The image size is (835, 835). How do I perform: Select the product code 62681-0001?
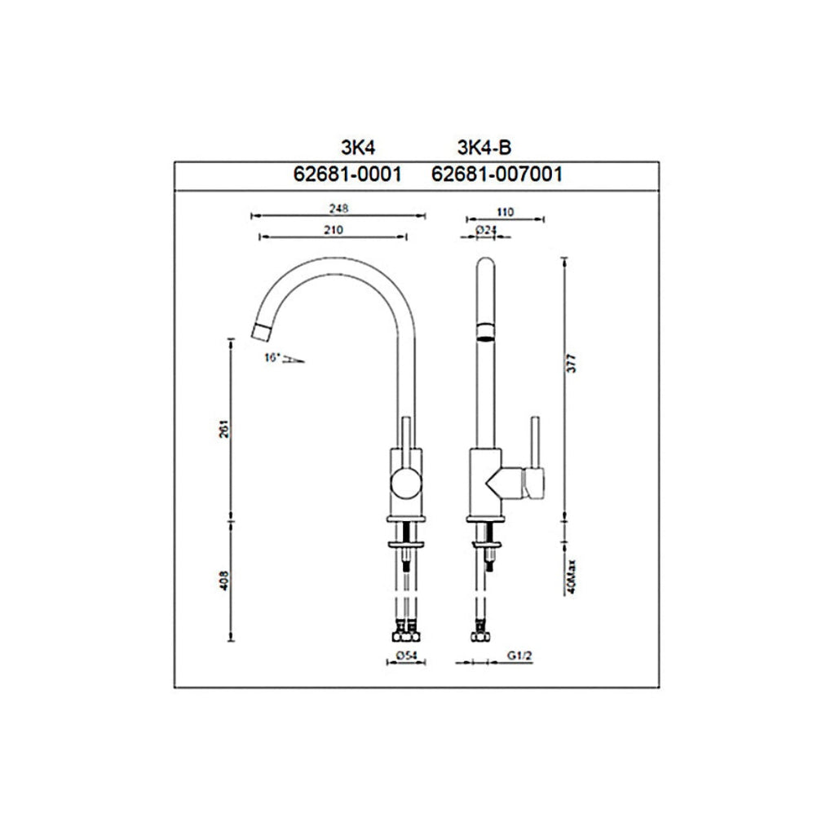(349, 174)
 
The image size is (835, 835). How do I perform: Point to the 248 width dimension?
(338, 209)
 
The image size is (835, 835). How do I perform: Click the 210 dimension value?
(332, 230)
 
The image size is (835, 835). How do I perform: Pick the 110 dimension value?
(504, 211)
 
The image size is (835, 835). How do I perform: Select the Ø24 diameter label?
(486, 230)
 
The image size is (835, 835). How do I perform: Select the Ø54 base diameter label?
(408, 655)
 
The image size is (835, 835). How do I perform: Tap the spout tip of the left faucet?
(261, 331)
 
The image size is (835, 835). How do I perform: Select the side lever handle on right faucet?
(535, 457)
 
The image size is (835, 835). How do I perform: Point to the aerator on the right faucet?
(484, 331)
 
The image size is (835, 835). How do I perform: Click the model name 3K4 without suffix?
(356, 148)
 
